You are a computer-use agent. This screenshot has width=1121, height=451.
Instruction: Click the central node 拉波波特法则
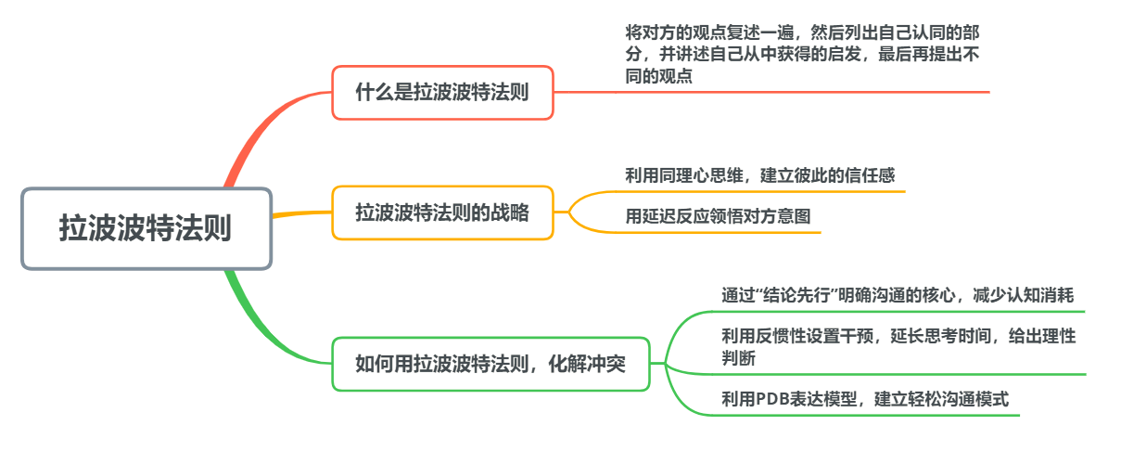pyautogui.click(x=146, y=228)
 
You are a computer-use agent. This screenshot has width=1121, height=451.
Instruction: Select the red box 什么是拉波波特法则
pyautogui.click(x=442, y=92)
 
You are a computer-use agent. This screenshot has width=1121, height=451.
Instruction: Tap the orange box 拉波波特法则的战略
pyautogui.click(x=442, y=213)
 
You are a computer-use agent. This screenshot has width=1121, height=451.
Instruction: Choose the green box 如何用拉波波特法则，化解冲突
pyautogui.click(x=490, y=364)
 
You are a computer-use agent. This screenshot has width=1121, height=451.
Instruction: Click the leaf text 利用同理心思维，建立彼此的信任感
pyautogui.click(x=759, y=174)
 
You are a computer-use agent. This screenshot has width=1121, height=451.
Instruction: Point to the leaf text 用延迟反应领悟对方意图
pyautogui.click(x=718, y=217)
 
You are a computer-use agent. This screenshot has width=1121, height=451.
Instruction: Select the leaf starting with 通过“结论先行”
pyautogui.click(x=897, y=295)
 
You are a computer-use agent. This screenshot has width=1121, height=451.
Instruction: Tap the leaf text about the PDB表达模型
pyautogui.click(x=864, y=400)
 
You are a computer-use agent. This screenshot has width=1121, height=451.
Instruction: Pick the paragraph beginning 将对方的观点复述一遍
pyautogui.click(x=802, y=54)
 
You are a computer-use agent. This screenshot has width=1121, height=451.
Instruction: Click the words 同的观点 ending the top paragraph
pyautogui.click(x=658, y=76)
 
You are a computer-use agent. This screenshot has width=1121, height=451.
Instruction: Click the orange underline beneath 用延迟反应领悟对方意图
pyautogui.click(x=723, y=232)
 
